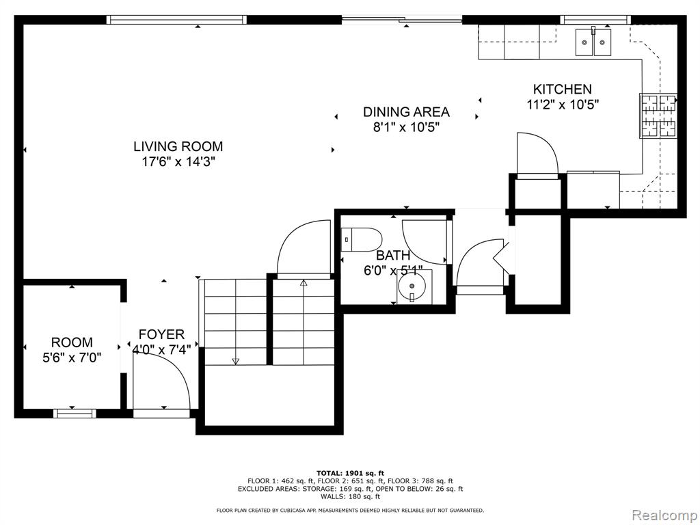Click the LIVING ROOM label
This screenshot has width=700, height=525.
(x=178, y=146)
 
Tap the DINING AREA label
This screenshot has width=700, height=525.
(x=406, y=111)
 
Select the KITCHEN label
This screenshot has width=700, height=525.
(x=563, y=89)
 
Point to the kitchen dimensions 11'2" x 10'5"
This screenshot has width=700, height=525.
(x=563, y=105)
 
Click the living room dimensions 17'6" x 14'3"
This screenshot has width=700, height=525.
(x=178, y=161)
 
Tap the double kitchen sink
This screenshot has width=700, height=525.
(x=593, y=42)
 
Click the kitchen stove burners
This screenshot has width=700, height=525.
(x=658, y=116)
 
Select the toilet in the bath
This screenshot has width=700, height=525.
(x=361, y=240)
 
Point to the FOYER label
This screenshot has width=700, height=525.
(x=161, y=334)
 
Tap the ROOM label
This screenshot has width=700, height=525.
(x=72, y=342)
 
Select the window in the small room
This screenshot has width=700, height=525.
(x=75, y=414)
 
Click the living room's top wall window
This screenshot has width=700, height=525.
(x=177, y=20)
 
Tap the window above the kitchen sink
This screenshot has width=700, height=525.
(x=595, y=20)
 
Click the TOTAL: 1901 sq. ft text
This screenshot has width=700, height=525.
(x=350, y=473)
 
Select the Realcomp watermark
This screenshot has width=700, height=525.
(x=664, y=515)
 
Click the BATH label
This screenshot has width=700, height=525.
(x=393, y=256)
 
